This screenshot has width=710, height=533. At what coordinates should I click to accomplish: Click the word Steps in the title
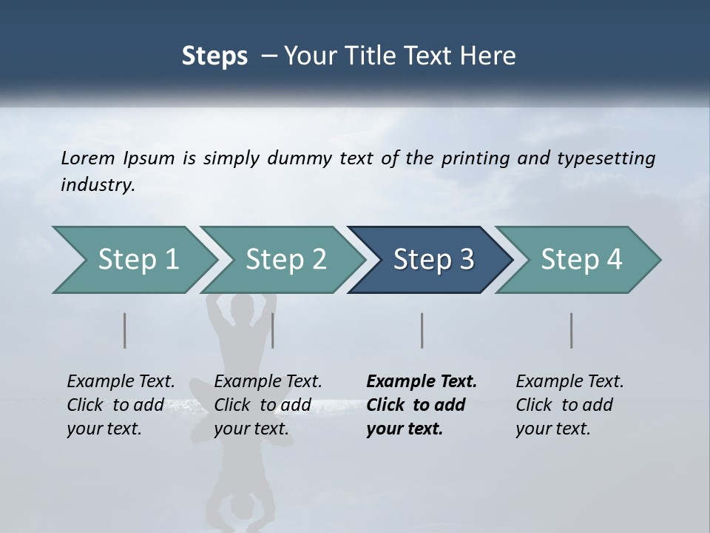214,56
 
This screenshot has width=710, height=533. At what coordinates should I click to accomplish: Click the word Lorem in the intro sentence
87,158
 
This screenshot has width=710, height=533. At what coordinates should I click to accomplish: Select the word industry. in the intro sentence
98,184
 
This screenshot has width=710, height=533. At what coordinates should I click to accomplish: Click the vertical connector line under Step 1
125,330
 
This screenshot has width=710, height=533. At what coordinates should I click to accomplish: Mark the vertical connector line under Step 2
273,330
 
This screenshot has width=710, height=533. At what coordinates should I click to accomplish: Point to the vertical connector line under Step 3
422,330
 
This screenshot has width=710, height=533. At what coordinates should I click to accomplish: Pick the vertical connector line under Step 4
572,330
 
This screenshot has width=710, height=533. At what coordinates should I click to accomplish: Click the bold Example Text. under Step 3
422,381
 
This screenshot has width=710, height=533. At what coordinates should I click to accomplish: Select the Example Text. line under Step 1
121,381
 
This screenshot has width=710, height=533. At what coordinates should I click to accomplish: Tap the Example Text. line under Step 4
569,381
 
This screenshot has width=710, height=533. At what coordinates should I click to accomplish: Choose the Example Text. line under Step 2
268,381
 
